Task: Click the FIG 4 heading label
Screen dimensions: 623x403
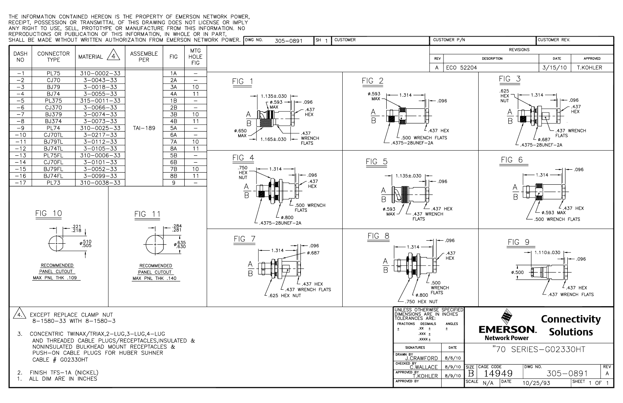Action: click(243, 158)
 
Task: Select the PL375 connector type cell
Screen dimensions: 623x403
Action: click(54, 101)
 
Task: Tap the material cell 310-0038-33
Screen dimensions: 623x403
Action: click(100, 183)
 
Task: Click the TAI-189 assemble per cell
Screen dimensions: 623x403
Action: click(144, 128)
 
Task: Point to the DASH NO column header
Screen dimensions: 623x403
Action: click(20, 57)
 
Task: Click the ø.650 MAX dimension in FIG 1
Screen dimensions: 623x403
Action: click(240, 133)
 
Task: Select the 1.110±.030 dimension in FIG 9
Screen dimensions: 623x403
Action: click(548, 252)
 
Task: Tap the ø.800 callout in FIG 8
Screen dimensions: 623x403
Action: click(422, 295)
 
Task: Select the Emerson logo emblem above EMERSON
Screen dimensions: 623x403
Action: click(507, 317)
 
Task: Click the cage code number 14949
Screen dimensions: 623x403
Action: click(498, 374)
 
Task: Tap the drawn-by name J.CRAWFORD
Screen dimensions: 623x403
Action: click(422, 358)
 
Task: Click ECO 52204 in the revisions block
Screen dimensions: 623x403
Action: click(461, 67)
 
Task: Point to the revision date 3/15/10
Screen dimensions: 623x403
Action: click(554, 67)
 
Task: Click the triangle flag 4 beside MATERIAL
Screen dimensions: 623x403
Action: click(113, 55)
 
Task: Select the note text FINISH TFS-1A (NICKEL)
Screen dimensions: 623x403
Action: click(64, 373)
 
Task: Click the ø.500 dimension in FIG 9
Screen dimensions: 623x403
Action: click(517, 273)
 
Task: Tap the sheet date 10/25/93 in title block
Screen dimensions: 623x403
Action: click(536, 383)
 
